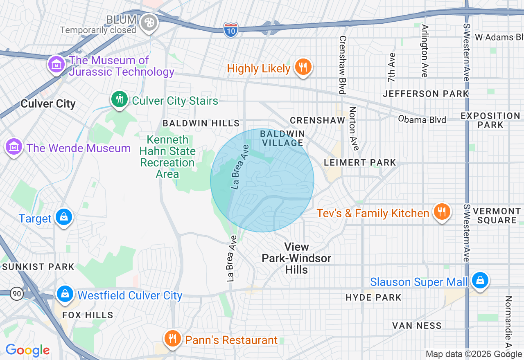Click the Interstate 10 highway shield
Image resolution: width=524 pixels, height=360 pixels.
(231, 30)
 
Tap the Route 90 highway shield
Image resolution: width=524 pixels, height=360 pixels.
(17, 294)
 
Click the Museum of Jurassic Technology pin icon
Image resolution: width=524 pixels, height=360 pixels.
(56, 65)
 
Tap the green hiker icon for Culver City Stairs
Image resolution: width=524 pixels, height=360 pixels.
(120, 99)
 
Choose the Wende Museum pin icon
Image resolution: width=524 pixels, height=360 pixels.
(14, 146)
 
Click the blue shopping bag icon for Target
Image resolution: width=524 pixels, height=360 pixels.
(64, 217)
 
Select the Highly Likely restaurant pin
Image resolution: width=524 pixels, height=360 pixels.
(303, 67)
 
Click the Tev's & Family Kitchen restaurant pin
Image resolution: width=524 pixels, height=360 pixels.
(441, 212)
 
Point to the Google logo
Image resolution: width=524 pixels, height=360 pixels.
(27, 350)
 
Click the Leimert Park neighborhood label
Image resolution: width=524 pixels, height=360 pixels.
(360, 162)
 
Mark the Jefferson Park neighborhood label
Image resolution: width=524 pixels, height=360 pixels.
(425, 94)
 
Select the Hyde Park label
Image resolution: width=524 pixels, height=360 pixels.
(373, 297)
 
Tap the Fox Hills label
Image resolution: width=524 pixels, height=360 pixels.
(88, 315)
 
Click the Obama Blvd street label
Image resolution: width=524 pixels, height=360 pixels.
(422, 119)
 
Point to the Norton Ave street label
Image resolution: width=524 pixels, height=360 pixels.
(353, 128)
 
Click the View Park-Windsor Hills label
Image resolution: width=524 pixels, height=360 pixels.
(296, 258)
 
